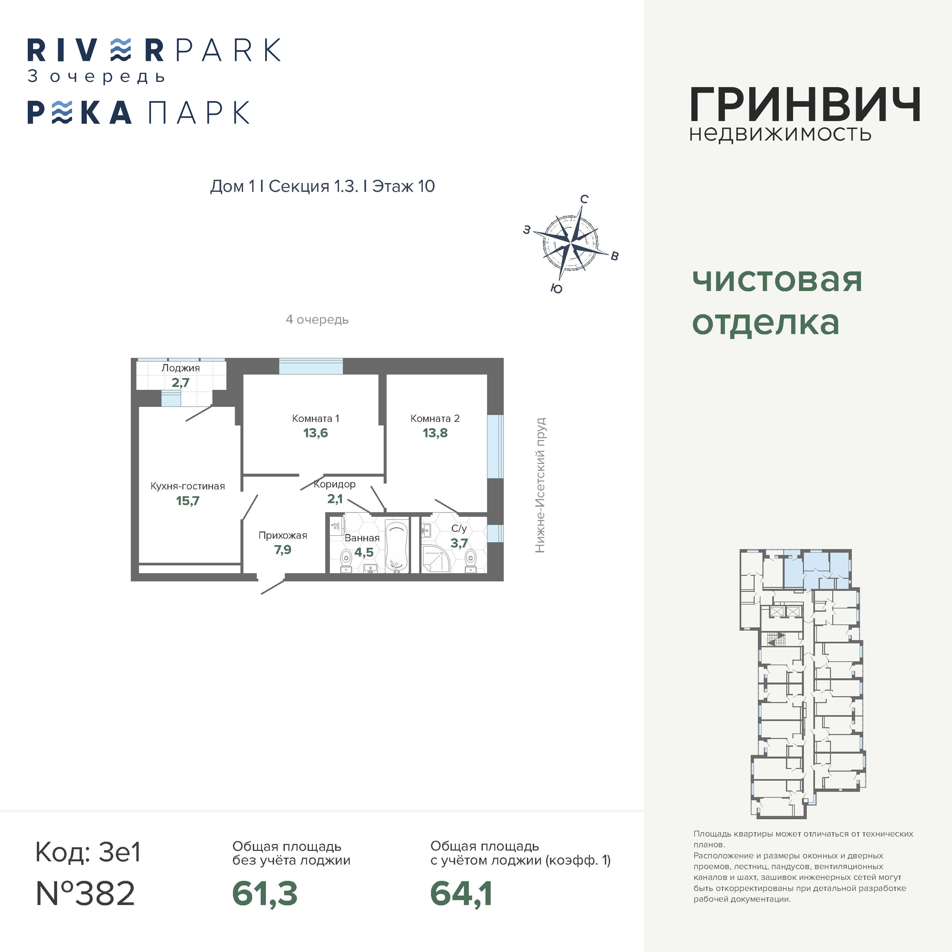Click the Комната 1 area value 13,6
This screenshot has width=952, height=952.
click(315, 433)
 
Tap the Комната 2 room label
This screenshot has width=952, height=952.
click(435, 418)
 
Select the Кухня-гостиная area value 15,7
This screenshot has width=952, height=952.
click(188, 501)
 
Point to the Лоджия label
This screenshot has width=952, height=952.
click(181, 368)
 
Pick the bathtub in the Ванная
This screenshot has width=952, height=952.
click(397, 547)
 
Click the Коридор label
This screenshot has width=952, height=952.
click(335, 484)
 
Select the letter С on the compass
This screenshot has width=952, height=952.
click(584, 199)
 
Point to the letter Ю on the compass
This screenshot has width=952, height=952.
click(556, 289)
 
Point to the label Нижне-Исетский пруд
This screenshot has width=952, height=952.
click(541, 485)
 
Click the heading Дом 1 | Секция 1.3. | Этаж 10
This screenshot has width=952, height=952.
click(322, 186)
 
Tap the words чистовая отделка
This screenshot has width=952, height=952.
click(777, 301)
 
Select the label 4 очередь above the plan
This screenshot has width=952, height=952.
click(317, 320)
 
